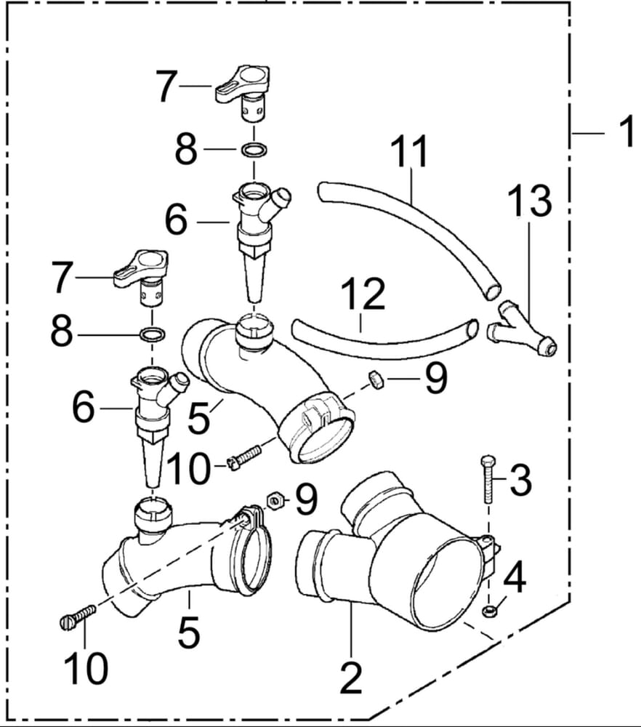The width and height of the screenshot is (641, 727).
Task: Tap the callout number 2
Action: (351, 678)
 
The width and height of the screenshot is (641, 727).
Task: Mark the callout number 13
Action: (529, 201)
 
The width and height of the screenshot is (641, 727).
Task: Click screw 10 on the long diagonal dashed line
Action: (76, 616)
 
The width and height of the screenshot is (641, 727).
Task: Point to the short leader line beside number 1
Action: (589, 133)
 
